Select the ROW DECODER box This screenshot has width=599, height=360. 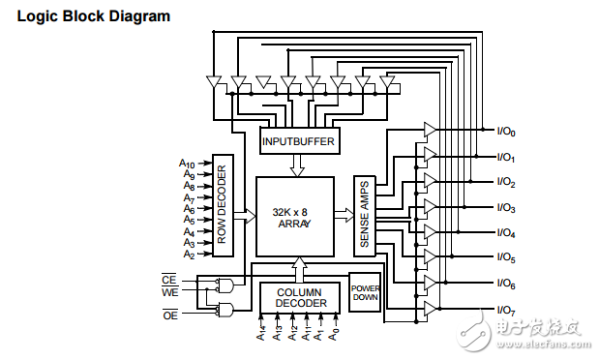pos(223,205)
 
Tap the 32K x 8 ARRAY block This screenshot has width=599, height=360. pos(295,217)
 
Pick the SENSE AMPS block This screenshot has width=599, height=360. pos(365,216)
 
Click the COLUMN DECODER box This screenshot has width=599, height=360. pos(300,298)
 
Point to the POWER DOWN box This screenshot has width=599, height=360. pos(365,292)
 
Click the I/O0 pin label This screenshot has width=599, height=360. pos(506,132)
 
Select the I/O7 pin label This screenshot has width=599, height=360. pos(506,310)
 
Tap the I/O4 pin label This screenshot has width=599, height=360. pos(506,232)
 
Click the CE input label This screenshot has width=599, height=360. pos(168,280)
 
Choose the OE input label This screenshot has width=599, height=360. pos(170,315)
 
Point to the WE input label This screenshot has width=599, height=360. pos(170,292)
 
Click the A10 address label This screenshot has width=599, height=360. pos(187,164)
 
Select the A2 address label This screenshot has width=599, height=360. pos(189,255)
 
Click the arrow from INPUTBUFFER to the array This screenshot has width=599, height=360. pos(297,165)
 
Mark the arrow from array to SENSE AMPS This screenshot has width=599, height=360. pos(344,215)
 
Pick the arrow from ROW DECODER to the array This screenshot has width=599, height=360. pos(245,216)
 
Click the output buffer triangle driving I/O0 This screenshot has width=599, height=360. pos(431,130)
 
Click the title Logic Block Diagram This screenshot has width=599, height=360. pos(94,16)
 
